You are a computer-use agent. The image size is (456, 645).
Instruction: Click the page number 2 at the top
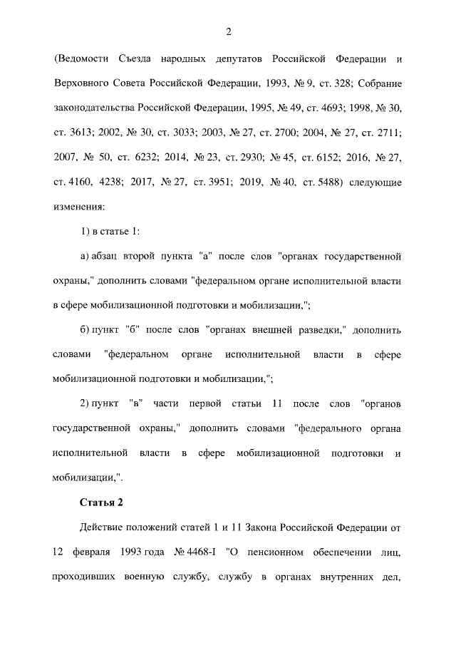(x=228, y=31)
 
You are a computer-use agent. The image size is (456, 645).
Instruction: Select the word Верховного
(x=81, y=83)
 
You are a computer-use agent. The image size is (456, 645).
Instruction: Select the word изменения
(x=78, y=207)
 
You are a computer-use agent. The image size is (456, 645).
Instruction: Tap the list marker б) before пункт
(x=84, y=331)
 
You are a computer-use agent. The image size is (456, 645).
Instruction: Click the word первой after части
(x=207, y=405)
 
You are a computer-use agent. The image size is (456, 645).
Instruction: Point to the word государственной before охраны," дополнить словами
(x=94, y=430)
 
